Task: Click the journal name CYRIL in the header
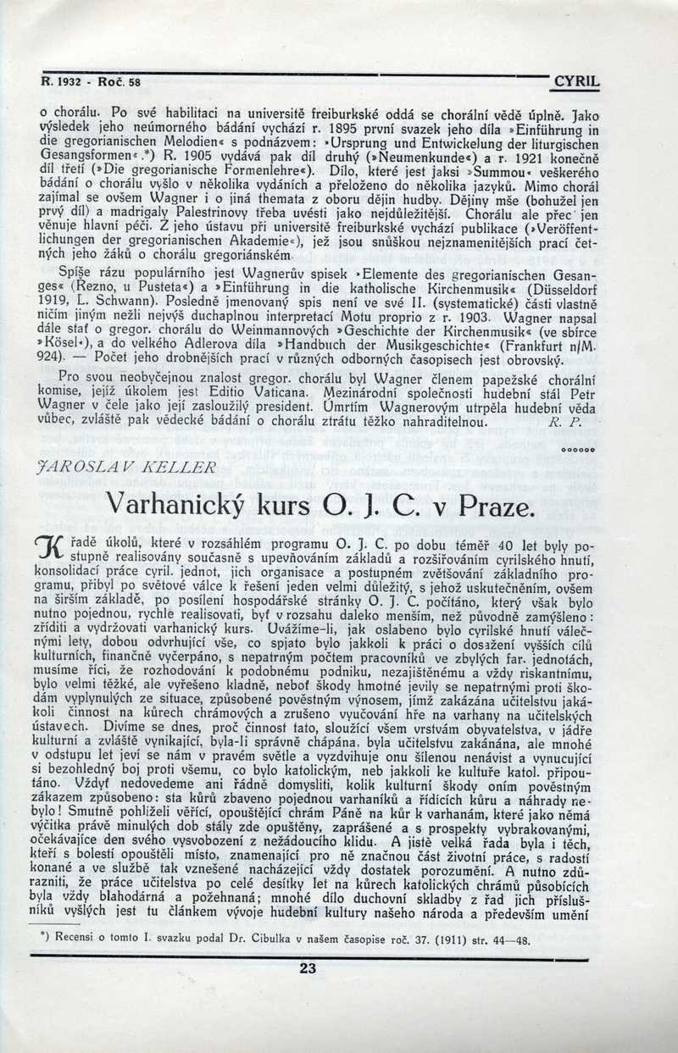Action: (x=575, y=82)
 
